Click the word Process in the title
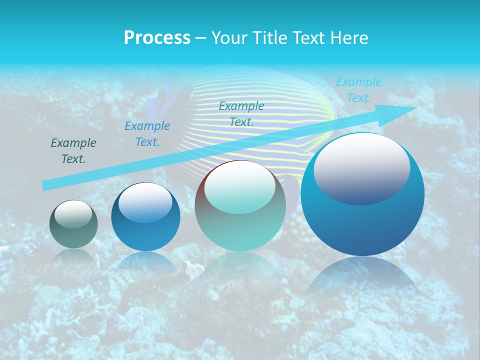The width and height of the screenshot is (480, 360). tap(157, 37)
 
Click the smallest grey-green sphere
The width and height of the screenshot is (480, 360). tap(73, 224)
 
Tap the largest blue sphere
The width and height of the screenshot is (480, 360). tap(362, 220)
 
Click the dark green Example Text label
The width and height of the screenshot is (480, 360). tap(73, 151)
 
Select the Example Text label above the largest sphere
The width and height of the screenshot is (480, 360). tap(358, 90)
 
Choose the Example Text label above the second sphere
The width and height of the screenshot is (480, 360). tap(147, 134)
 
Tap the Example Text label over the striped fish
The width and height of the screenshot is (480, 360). tap(241, 113)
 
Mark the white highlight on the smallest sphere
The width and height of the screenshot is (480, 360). tap(73, 214)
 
